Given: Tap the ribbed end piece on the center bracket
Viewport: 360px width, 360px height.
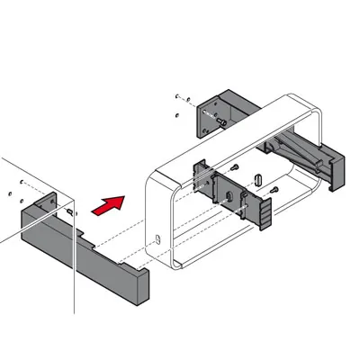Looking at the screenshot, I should [x=266, y=211].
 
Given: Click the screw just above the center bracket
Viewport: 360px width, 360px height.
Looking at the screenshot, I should [x=233, y=167].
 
